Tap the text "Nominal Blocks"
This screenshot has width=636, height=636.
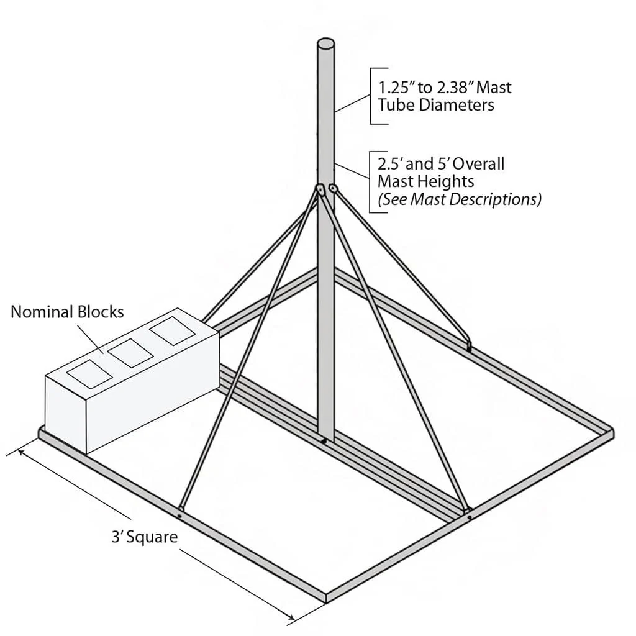[x=67, y=312]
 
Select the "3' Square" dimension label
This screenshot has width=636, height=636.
[x=145, y=537]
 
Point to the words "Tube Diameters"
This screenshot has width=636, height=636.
[x=436, y=105]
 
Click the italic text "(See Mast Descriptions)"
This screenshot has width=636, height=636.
[x=460, y=199]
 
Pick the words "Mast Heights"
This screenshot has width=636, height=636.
[x=426, y=181]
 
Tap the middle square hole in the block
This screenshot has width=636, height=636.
[x=130, y=353]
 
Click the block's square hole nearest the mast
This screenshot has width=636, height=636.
[x=173, y=331]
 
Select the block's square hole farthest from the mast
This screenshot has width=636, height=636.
[x=89, y=373]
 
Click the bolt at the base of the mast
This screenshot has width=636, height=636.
[x=324, y=441]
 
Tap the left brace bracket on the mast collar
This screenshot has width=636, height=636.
[x=320, y=190]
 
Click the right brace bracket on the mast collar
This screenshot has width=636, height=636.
[x=334, y=188]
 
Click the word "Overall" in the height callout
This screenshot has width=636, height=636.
[x=478, y=164]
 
